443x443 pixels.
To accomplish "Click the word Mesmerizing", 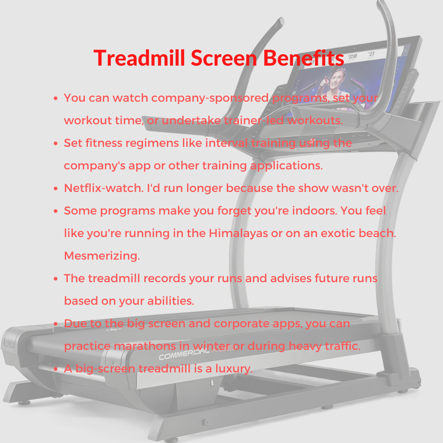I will tap(102, 256).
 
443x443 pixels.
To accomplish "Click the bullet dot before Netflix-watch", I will tap(56, 189).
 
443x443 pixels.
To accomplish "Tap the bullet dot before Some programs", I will tap(56, 211).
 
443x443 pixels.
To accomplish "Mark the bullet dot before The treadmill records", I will tap(56, 279).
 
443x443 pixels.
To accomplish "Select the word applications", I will tap(286, 166).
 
